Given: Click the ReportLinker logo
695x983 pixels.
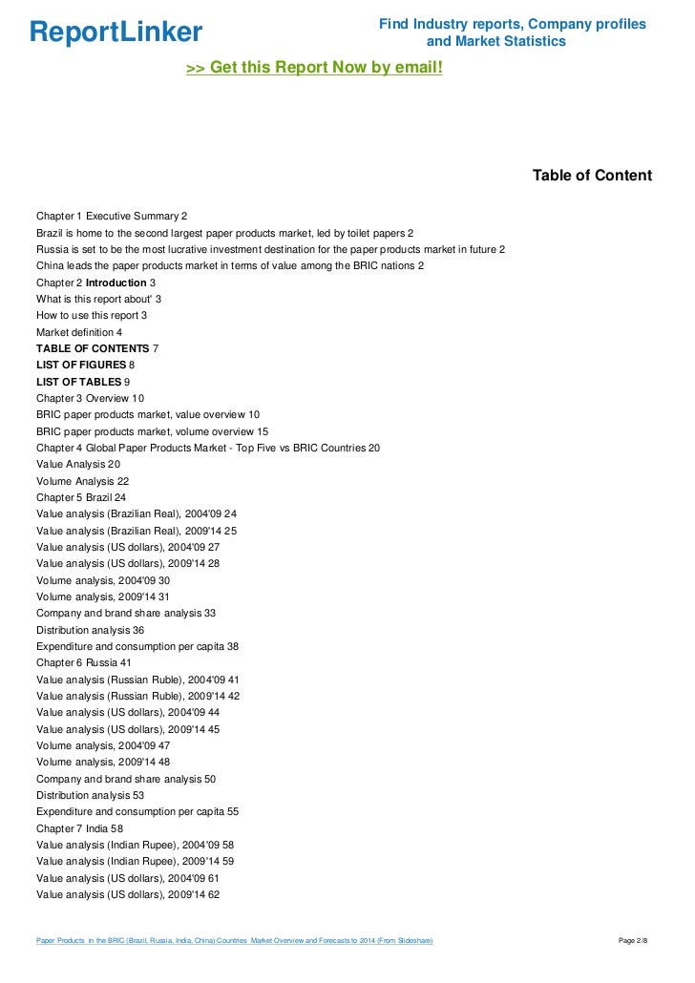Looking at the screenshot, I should pyautogui.click(x=116, y=32).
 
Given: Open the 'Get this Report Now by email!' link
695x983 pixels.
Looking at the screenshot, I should pyautogui.click(x=314, y=69).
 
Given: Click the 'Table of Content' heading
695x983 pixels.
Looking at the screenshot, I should pyautogui.click(x=592, y=176).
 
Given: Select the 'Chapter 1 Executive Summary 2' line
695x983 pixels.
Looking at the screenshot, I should pyautogui.click(x=112, y=217).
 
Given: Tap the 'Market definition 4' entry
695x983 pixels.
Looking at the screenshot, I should pyautogui.click(x=79, y=332).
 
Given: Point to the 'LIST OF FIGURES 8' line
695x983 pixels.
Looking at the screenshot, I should pyautogui.click(x=85, y=365).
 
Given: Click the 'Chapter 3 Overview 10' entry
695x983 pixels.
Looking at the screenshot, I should pyautogui.click(x=90, y=398).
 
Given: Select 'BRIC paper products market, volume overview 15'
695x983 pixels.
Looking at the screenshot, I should pyautogui.click(x=152, y=431).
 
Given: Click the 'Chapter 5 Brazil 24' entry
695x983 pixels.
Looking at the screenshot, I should pyautogui.click(x=81, y=497).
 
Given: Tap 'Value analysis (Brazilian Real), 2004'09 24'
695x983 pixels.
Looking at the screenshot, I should pyautogui.click(x=137, y=513).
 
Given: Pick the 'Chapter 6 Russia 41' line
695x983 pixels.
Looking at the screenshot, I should pyautogui.click(x=83, y=662).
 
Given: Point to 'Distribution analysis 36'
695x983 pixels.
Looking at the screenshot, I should pyautogui.click(x=90, y=630).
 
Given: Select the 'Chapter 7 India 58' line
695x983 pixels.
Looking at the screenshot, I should pyautogui.click(x=79, y=828).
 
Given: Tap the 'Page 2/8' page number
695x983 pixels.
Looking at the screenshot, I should pyautogui.click(x=634, y=941).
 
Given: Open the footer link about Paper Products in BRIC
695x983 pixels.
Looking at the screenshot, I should pyautogui.click(x=234, y=941).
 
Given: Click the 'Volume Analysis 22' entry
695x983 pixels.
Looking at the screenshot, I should pyautogui.click(x=82, y=481).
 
